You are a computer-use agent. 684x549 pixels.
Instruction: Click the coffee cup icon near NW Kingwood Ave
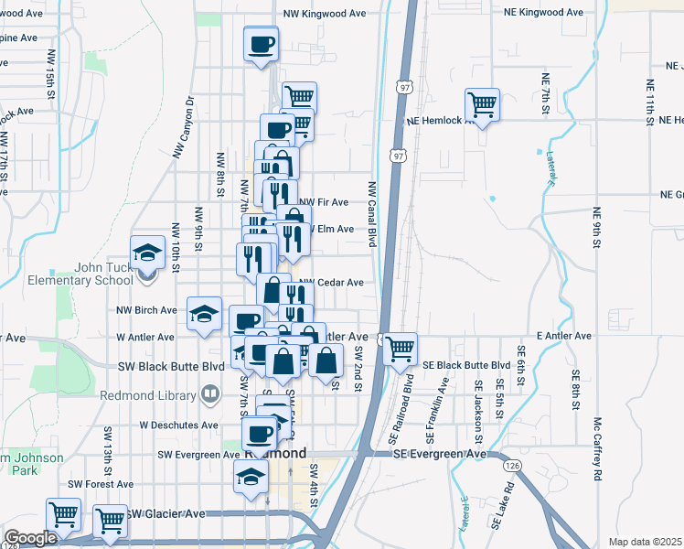click(x=262, y=43)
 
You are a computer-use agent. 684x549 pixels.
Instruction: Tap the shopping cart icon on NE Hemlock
click(x=481, y=104)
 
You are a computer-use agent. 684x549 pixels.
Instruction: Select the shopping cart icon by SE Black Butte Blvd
click(x=400, y=348)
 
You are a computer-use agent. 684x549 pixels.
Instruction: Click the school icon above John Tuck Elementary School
click(x=147, y=253)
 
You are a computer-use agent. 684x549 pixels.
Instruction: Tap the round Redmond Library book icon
click(x=210, y=394)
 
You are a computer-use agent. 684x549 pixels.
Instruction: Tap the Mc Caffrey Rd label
click(x=596, y=449)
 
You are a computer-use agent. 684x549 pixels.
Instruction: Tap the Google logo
click(x=30, y=538)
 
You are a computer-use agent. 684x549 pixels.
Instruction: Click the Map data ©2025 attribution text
click(x=644, y=542)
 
